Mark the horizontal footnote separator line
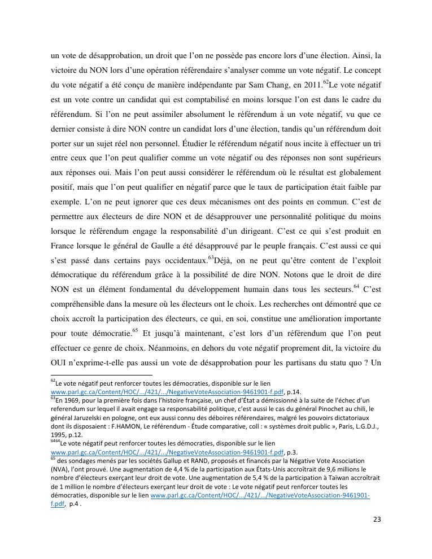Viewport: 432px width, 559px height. tap(102, 374)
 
